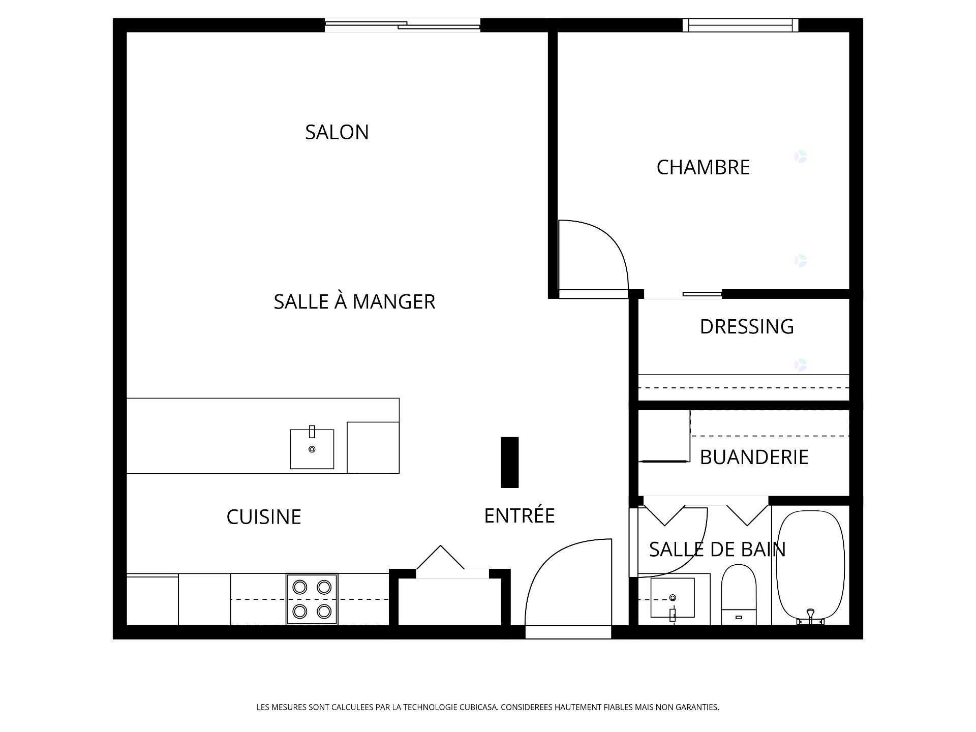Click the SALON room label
[x=337, y=132]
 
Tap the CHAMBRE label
[x=703, y=167]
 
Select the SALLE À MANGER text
[x=354, y=301]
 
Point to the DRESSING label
[x=747, y=326]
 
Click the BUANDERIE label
[x=754, y=457]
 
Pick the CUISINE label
[x=264, y=517]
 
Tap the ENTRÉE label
[x=519, y=515]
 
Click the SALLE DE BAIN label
[x=717, y=549]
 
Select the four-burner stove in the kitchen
[x=312, y=599]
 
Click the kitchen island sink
[x=312, y=448]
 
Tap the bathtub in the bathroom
[x=811, y=567]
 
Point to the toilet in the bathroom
[x=739, y=595]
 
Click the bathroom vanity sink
[x=673, y=598]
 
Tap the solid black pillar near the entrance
[x=510, y=462]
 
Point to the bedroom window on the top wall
[x=740, y=25]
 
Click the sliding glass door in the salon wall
[x=403, y=25]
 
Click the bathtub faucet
[x=811, y=616]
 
